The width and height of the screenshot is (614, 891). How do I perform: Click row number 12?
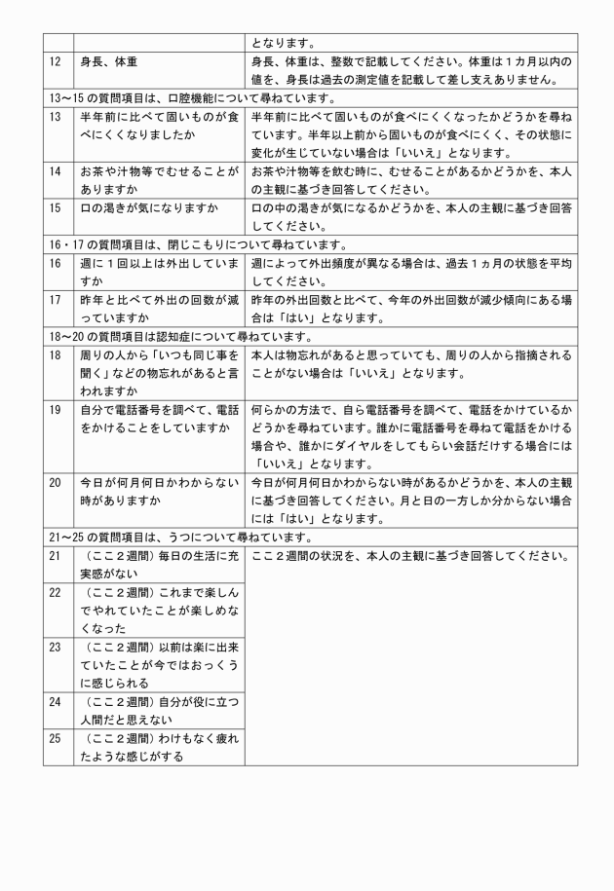(55, 61)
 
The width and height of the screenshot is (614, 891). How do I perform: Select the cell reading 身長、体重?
(109, 61)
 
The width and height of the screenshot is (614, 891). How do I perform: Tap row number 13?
(55, 117)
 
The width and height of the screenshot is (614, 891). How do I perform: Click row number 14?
(55, 171)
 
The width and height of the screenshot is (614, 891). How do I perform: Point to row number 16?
(55, 264)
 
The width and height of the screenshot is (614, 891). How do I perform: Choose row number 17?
(55, 300)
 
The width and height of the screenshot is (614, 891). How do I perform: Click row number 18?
(55, 355)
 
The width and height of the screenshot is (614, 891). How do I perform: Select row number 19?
(55, 411)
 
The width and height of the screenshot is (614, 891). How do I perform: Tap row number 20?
(55, 482)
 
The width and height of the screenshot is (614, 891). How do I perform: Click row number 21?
(55, 556)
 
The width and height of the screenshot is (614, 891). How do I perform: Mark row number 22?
(55, 592)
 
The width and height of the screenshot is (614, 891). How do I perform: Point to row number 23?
(55, 646)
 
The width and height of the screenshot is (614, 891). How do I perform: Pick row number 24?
(55, 701)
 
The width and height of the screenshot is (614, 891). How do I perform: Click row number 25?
(55, 738)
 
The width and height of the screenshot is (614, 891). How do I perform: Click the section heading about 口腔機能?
(191, 98)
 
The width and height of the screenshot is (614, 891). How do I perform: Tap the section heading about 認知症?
(178, 337)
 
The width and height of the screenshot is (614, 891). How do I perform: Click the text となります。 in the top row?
(283, 43)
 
